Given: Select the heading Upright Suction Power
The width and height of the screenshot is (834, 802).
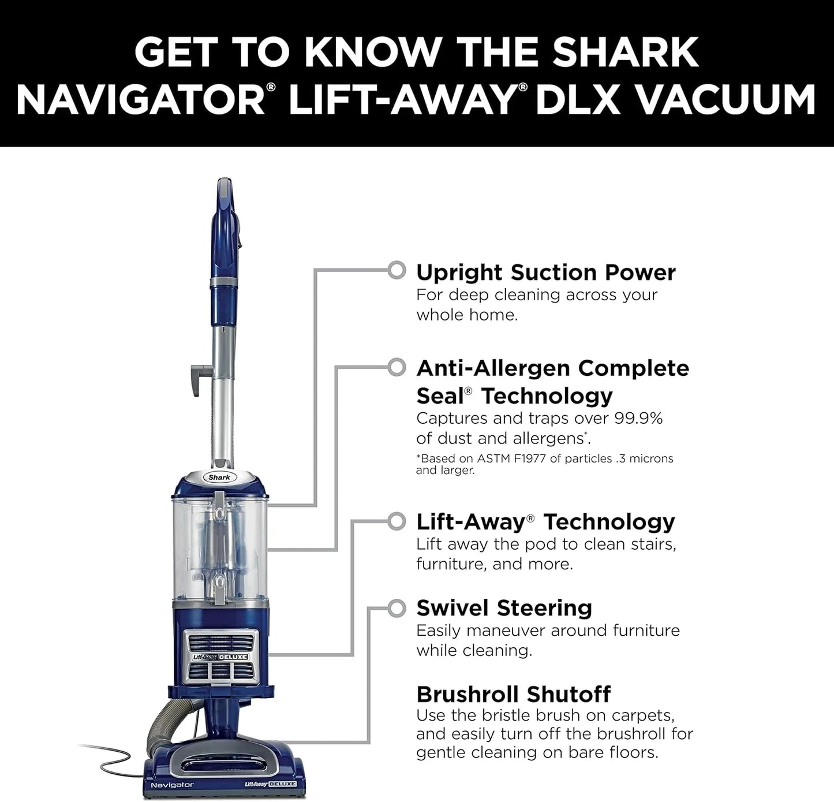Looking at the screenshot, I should [x=545, y=272].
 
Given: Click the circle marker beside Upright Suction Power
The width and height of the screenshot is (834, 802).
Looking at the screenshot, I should [x=397, y=270].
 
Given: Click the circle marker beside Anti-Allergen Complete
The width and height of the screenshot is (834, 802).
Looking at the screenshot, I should [x=397, y=367].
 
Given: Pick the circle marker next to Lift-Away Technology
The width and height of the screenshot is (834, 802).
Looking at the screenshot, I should [x=397, y=521].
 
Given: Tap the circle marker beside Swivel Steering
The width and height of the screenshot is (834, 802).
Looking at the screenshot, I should [x=397, y=608].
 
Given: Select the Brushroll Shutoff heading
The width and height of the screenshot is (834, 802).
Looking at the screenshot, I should [x=513, y=693].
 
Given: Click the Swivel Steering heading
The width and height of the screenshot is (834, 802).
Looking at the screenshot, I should [x=504, y=608].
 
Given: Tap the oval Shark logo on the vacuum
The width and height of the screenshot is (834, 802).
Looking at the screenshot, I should [x=219, y=477].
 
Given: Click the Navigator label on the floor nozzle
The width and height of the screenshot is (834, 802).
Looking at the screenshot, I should [x=172, y=785].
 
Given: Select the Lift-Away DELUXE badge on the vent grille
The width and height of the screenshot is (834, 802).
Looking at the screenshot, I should [x=220, y=657].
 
